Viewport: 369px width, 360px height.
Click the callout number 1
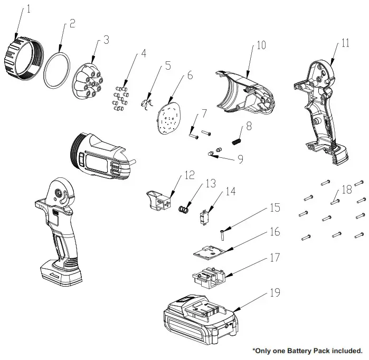point(29,8)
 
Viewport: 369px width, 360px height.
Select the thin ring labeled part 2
point(56,71)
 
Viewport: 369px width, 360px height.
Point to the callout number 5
point(168,65)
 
